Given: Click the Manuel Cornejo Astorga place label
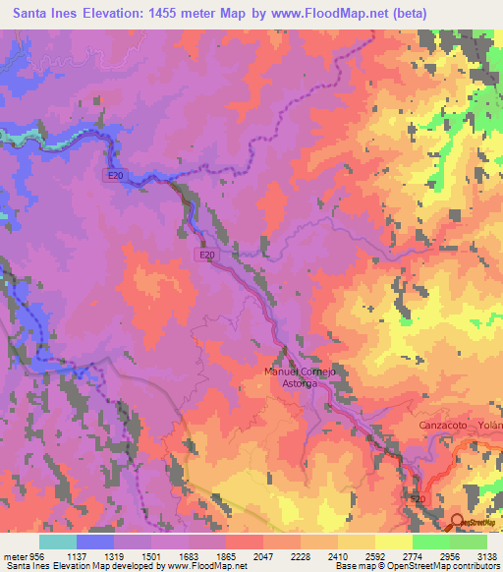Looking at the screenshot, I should [302, 378].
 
